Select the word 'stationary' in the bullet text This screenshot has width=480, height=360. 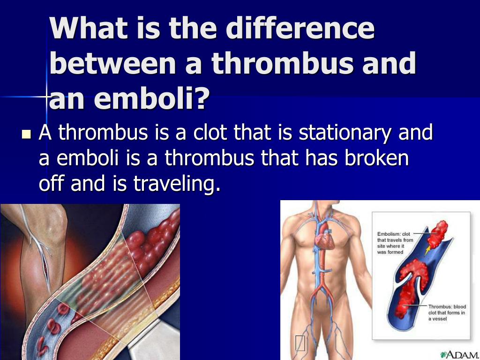pos(345,133)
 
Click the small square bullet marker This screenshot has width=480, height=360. pos(27,134)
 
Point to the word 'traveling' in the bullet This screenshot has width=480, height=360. pos(177,184)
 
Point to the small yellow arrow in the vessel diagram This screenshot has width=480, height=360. pos(427,250)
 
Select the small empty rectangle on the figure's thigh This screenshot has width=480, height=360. pos(300,343)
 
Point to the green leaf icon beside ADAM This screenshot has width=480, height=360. pos(443,354)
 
